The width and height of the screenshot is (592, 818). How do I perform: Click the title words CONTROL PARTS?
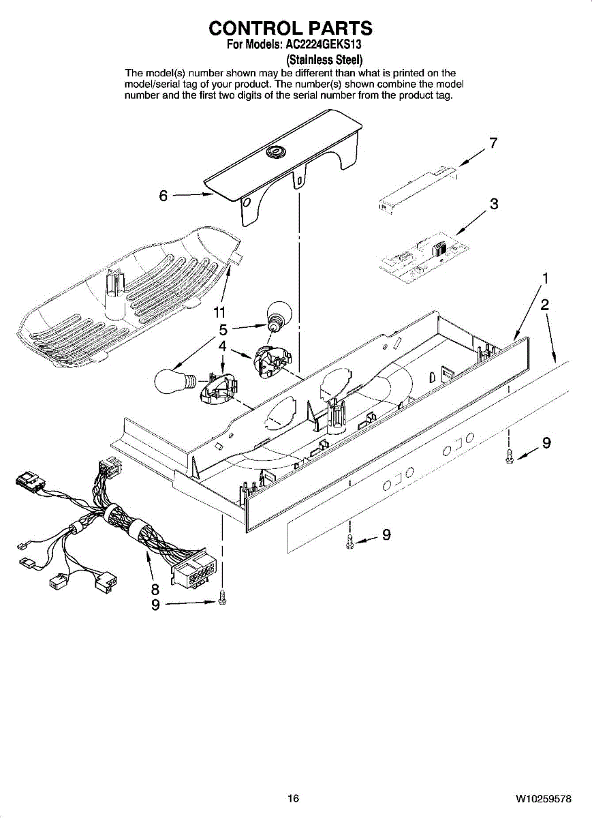tap(291, 28)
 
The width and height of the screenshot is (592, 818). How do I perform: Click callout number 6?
tap(163, 196)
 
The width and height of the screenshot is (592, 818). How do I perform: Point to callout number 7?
tap(493, 143)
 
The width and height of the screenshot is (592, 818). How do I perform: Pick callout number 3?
tap(494, 203)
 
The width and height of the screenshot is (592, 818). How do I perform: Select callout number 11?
tap(219, 312)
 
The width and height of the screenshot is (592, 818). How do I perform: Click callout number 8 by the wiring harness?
tap(155, 588)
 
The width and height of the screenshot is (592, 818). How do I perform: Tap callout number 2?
tap(545, 305)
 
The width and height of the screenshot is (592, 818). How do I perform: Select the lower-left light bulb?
tap(174, 380)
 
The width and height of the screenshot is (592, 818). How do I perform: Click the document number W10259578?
tap(543, 798)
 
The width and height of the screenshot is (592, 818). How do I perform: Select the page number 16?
tap(293, 798)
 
